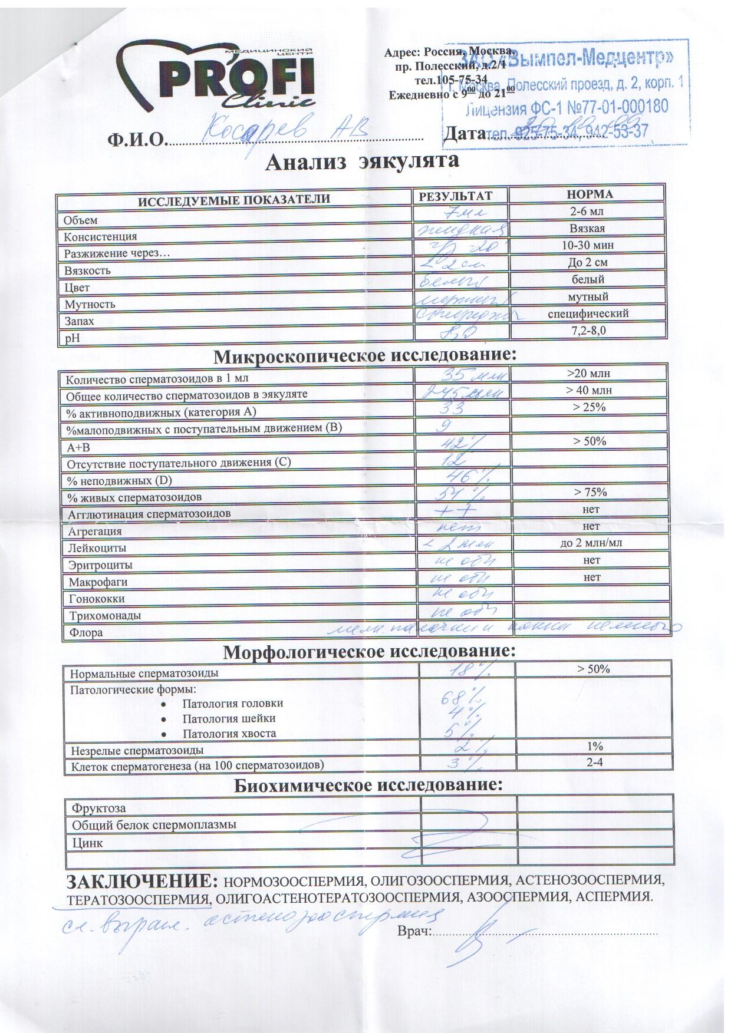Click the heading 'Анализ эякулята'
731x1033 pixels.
[x=363, y=161]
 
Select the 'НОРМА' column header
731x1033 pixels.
[x=589, y=194]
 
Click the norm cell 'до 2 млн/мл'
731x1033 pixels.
[x=591, y=543]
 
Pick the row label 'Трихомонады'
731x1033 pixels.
[x=103, y=616]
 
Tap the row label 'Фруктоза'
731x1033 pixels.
[x=98, y=808]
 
